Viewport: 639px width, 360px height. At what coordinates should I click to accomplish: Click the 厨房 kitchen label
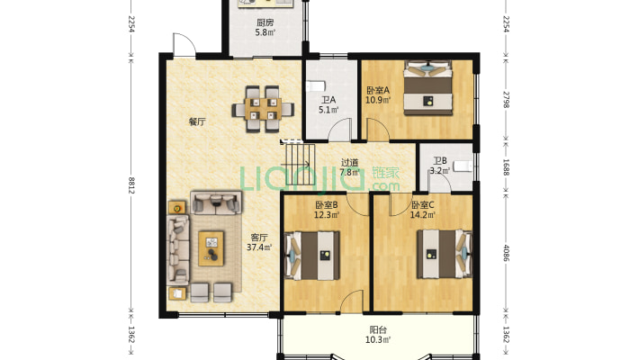coord(265,22)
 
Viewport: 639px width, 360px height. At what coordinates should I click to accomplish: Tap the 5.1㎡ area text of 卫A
coord(328,110)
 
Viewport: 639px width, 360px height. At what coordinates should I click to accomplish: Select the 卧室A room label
coord(378,90)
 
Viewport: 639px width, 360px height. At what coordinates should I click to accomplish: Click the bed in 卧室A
coord(427,87)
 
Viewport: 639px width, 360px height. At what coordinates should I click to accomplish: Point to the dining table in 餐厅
coord(263,109)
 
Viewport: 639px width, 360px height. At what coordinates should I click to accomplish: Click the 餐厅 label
coord(197,121)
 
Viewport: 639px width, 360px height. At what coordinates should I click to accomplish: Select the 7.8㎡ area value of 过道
coord(350,172)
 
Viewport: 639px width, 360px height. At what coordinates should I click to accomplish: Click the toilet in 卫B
coord(462,166)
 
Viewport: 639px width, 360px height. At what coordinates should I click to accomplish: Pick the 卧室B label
coord(327,205)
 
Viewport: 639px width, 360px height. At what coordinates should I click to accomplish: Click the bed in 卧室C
coord(445,255)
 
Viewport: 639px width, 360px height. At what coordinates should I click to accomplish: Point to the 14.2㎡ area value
coord(423,214)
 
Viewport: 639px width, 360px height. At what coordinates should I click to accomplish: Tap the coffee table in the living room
coord(211,248)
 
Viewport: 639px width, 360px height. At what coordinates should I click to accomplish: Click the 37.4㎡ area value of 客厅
coord(259,247)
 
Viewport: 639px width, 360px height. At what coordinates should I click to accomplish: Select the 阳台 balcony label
coord(378,329)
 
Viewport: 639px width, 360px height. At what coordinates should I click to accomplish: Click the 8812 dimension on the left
coord(131,185)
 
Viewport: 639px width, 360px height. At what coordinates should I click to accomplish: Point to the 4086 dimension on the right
coord(506,253)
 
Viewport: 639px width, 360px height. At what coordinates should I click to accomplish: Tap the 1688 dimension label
coord(506,166)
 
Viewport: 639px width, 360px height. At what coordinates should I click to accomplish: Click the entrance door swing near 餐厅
coord(184,43)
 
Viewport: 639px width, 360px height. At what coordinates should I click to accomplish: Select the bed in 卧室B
coord(313,256)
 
